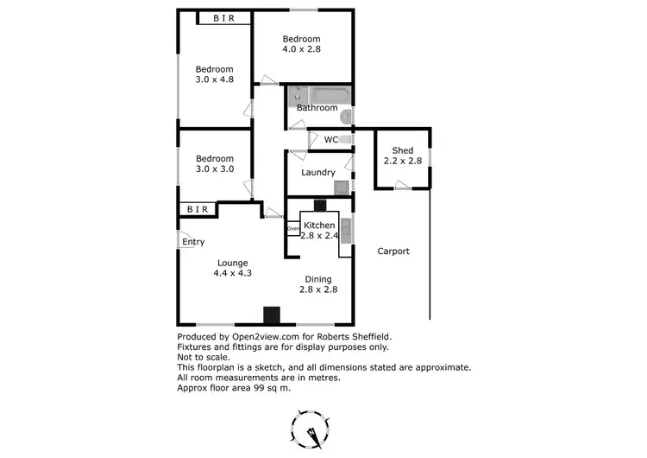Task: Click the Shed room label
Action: (x=402, y=150)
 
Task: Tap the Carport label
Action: (x=393, y=251)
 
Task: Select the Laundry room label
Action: (x=317, y=172)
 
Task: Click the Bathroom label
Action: (x=317, y=108)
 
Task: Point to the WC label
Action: (x=330, y=139)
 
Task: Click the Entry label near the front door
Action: (x=193, y=242)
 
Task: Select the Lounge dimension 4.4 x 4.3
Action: (x=233, y=273)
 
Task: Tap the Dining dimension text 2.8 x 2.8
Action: (x=318, y=289)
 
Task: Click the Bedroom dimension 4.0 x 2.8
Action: (x=301, y=50)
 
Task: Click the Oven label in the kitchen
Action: (x=293, y=229)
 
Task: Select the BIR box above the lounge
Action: (x=198, y=209)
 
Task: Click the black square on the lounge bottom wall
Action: (x=273, y=315)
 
